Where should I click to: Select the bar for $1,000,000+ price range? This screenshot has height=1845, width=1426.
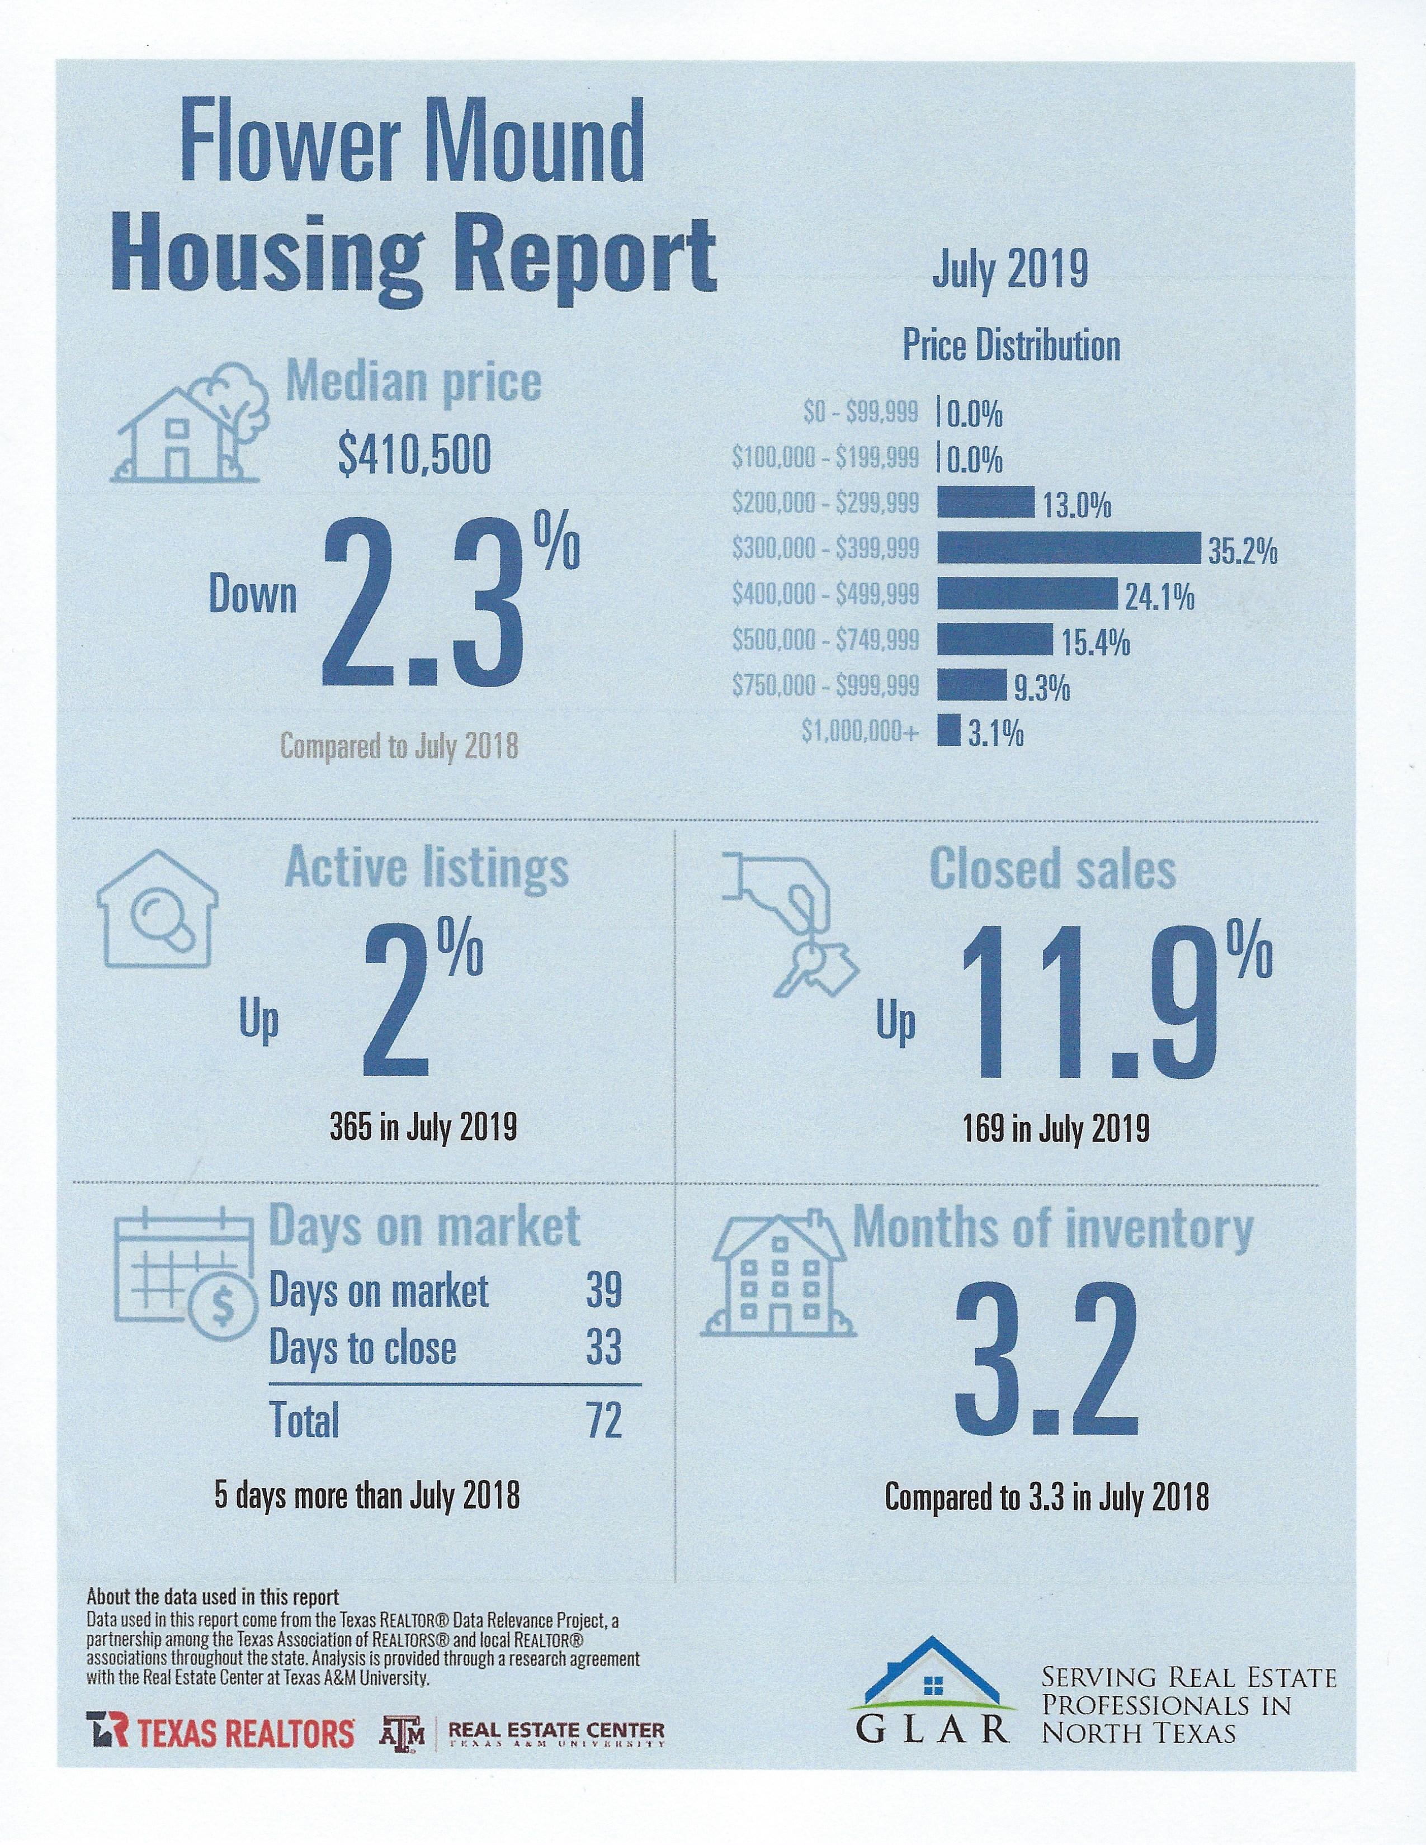(948, 731)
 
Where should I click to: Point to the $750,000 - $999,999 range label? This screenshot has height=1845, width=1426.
(825, 685)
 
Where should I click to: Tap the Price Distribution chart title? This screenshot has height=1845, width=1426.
(1011, 346)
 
